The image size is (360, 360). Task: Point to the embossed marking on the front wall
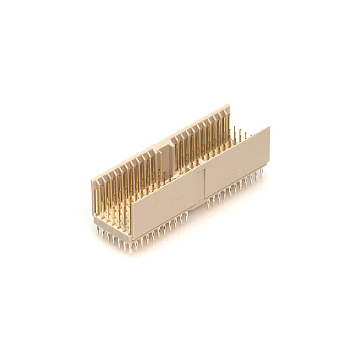pos(250,163)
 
